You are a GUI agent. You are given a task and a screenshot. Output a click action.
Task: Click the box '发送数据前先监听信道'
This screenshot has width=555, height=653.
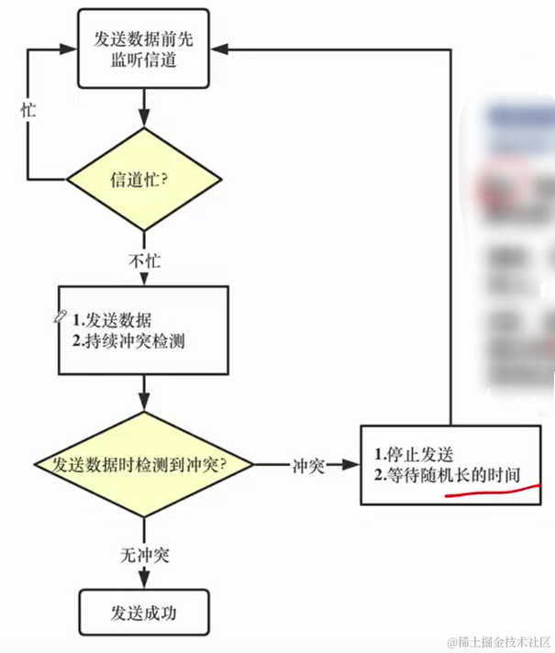[x=142, y=50]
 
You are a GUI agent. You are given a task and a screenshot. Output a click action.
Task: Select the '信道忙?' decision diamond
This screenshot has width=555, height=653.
[x=142, y=180]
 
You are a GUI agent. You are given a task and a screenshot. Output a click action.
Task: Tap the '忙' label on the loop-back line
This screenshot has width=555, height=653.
[x=28, y=108]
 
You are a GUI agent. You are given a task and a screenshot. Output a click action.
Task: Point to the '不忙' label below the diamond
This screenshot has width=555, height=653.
[x=144, y=260]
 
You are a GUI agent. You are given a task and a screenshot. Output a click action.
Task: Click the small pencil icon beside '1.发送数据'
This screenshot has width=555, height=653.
[x=61, y=316]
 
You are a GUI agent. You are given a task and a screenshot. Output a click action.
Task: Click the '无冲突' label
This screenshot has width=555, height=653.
[x=144, y=556]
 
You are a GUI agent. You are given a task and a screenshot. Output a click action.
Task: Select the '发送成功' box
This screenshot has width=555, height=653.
[x=142, y=612]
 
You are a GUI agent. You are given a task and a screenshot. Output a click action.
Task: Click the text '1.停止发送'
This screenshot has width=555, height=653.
[x=414, y=454]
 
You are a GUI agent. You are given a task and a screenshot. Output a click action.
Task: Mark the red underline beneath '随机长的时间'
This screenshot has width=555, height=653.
[x=491, y=493]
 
